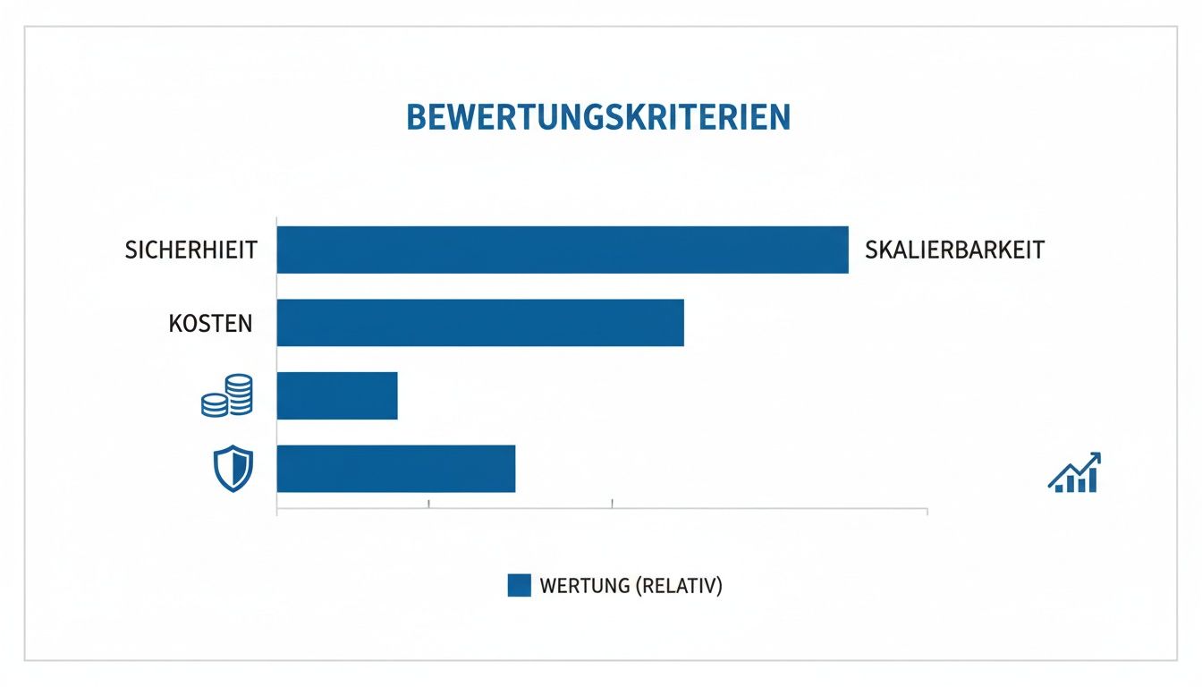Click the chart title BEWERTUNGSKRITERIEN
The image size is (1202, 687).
pyautogui.click(x=598, y=118)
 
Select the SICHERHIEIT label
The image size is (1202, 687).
pyautogui.click(x=191, y=250)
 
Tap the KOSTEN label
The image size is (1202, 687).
pyautogui.click(x=210, y=323)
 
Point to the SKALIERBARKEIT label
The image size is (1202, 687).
pyautogui.click(x=954, y=250)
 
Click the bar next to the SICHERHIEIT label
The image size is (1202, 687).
pyautogui.click(x=562, y=250)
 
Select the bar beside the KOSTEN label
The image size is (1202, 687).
pyautogui.click(x=479, y=323)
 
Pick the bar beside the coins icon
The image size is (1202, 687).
pyautogui.click(x=337, y=396)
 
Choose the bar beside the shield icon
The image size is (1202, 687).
pyautogui.click(x=396, y=469)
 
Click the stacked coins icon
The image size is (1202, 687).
pyautogui.click(x=227, y=395)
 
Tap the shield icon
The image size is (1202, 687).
pyautogui.click(x=233, y=469)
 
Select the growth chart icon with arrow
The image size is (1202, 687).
pyautogui.click(x=1073, y=473)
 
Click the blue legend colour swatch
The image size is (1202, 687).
pyautogui.click(x=520, y=585)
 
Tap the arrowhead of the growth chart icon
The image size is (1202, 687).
pyautogui.click(x=1095, y=458)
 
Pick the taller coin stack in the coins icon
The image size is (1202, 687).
pyautogui.click(x=239, y=394)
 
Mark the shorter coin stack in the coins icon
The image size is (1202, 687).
pyautogui.click(x=216, y=405)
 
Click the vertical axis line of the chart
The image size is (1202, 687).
pyautogui.click(x=277, y=367)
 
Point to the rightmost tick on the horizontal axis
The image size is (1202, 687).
pyautogui.click(x=927, y=511)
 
